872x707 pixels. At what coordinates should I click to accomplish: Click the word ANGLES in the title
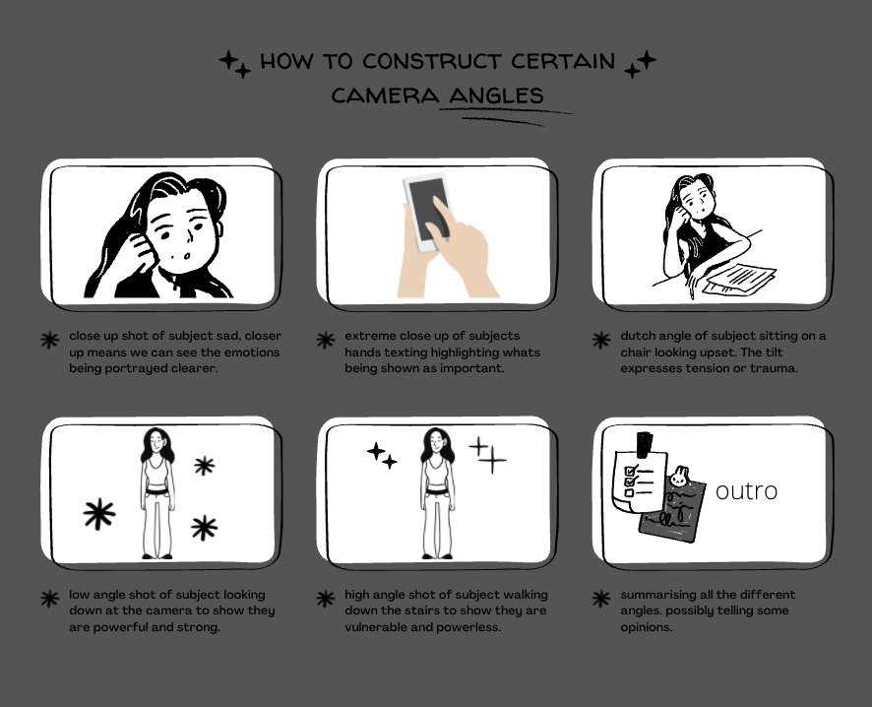coord(496,96)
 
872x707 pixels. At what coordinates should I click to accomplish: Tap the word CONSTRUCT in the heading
coord(432,61)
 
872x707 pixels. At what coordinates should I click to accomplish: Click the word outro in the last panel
coord(746,491)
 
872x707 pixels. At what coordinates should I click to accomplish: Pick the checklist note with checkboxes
coord(639,481)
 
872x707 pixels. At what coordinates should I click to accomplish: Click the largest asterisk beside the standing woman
coord(99,513)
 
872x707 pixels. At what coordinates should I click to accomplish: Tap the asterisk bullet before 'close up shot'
coord(49,340)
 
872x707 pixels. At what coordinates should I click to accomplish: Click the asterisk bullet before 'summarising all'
coord(601,599)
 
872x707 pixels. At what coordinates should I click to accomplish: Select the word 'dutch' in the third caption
coord(636,336)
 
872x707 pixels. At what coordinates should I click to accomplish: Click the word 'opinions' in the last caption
coord(647,627)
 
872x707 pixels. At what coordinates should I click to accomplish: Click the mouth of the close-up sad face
coord(187,256)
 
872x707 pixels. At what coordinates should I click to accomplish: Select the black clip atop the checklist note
coord(644,444)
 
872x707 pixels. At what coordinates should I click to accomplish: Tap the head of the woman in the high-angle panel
coord(437,442)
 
